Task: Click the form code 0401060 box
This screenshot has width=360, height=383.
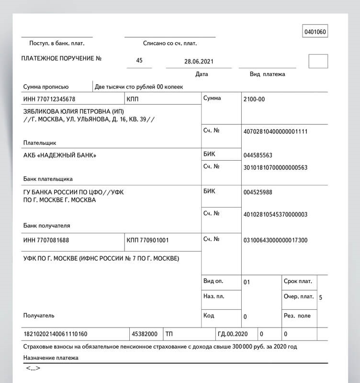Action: point(315,33)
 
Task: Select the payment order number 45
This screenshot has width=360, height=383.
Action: point(139,61)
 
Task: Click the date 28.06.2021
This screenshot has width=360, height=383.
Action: point(199,61)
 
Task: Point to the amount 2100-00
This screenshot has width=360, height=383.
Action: point(254,99)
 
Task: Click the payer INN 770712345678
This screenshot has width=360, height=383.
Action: point(49,99)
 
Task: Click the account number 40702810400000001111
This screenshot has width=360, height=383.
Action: point(275,131)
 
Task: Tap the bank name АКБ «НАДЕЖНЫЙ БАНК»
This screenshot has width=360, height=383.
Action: point(60,155)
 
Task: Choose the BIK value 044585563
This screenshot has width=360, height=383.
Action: point(258,155)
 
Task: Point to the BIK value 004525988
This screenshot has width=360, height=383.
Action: point(258,192)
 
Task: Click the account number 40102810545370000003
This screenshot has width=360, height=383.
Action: point(275,214)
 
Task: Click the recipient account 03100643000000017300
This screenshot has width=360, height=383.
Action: point(275,240)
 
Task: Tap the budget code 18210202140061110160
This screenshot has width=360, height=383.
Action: point(55,334)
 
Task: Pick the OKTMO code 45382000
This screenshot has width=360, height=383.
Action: point(144,334)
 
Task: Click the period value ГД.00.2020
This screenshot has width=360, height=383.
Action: point(233,334)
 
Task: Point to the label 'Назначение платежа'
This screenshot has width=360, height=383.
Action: point(50,358)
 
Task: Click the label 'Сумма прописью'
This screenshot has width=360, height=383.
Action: point(46,87)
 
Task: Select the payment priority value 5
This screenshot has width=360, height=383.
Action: point(320,297)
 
